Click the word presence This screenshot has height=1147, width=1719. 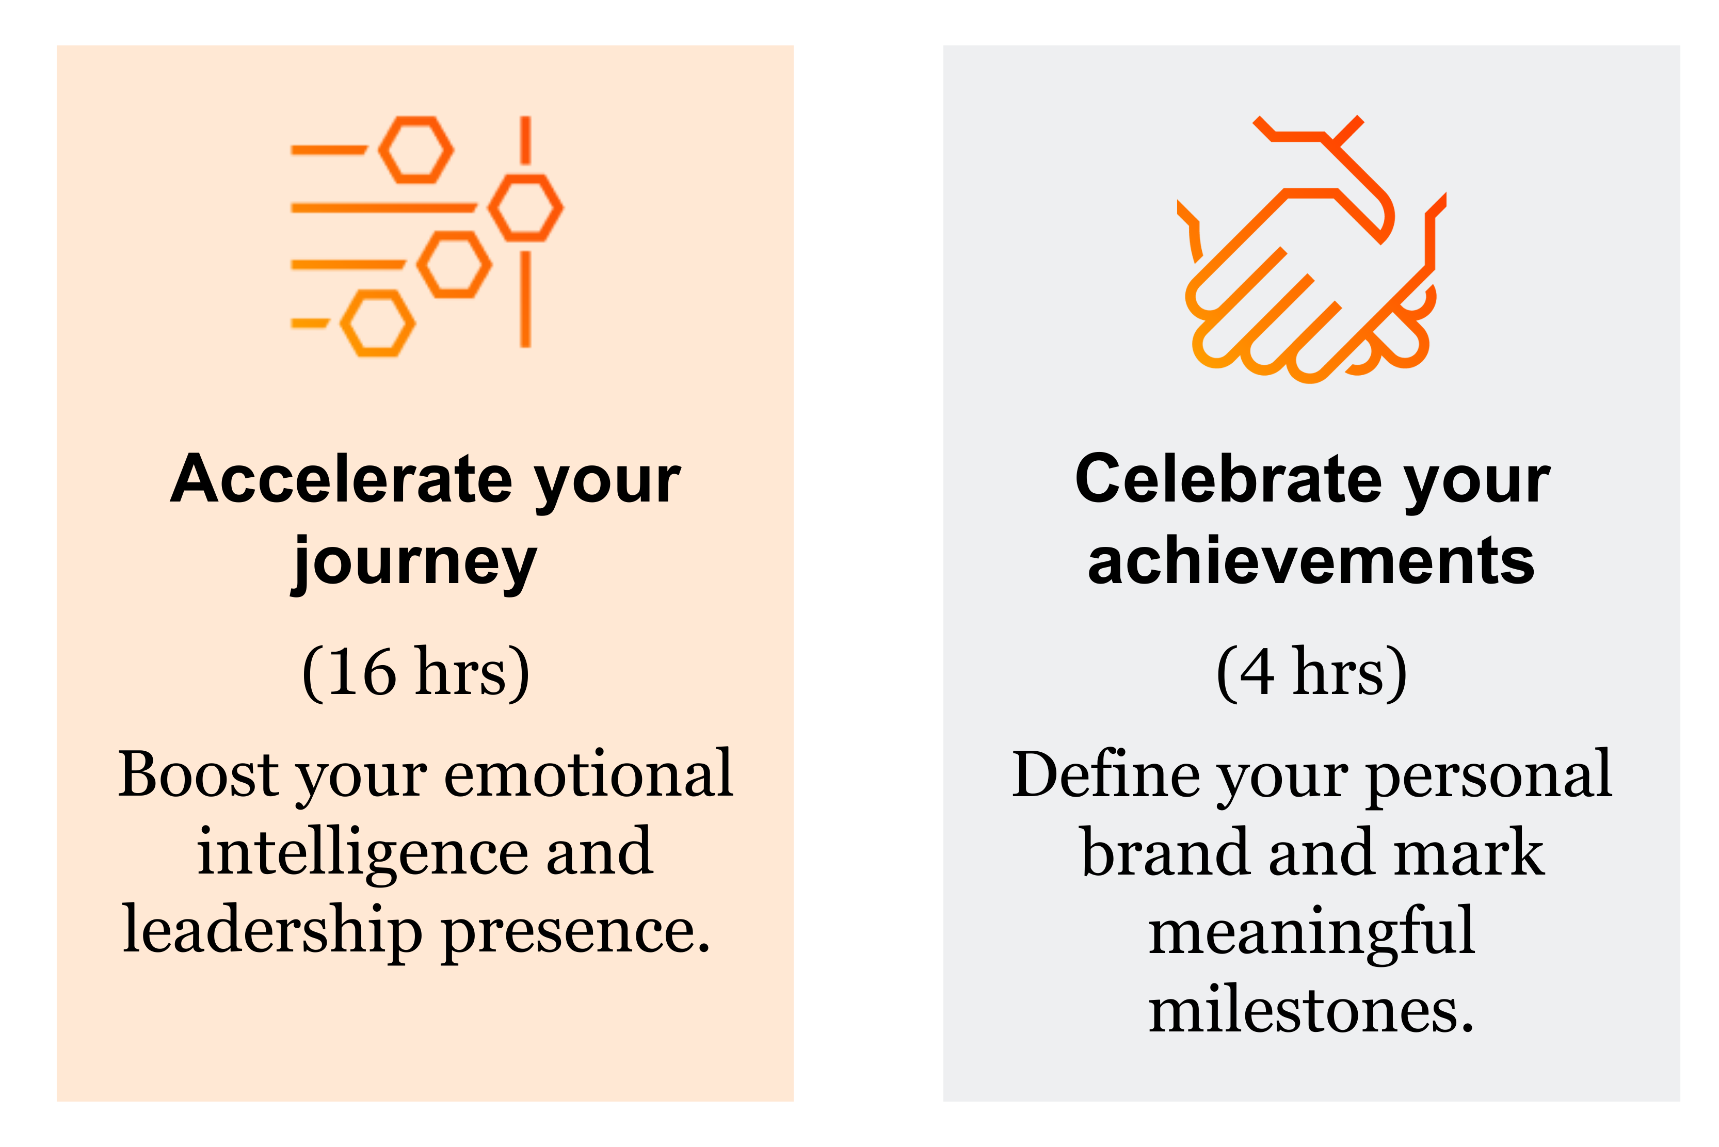576,936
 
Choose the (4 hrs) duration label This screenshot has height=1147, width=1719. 1311,673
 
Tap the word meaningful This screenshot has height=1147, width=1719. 1311,932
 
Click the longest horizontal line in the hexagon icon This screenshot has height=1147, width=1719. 384,208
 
